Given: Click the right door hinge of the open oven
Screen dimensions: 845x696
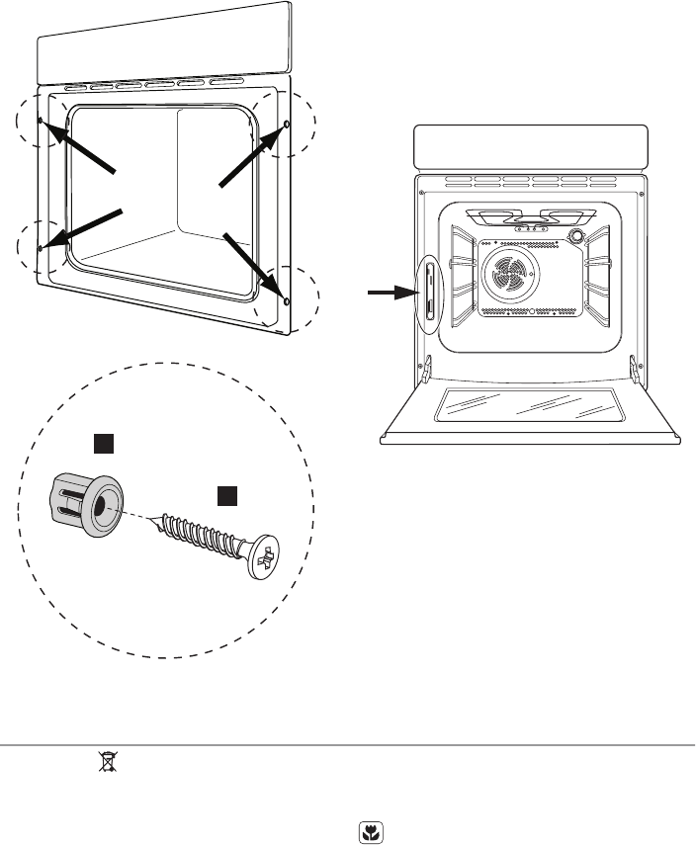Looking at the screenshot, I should [x=632, y=368].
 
